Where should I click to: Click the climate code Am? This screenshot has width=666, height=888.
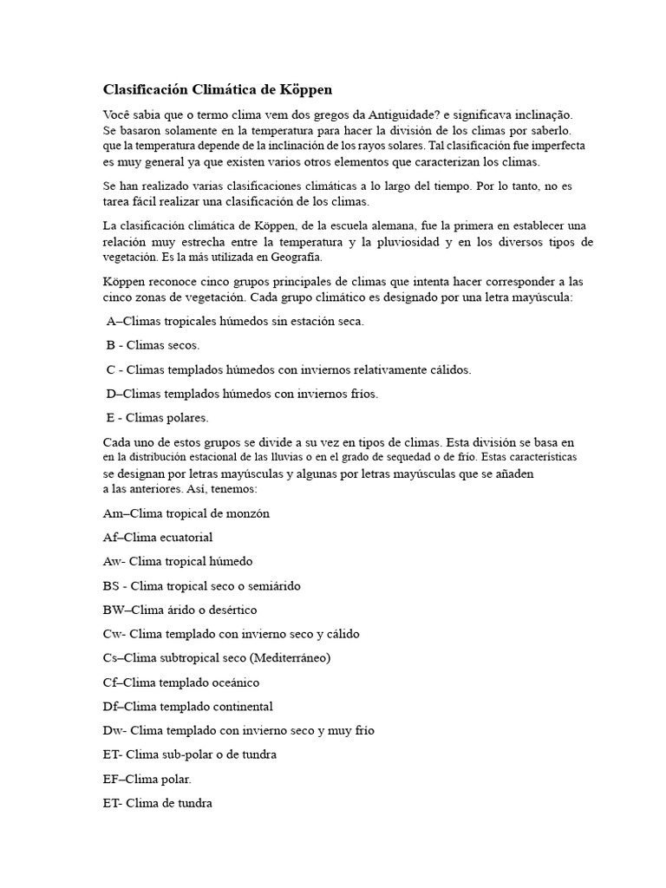pyautogui.click(x=113, y=513)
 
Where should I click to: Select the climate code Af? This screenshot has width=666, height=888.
pyautogui.click(x=110, y=538)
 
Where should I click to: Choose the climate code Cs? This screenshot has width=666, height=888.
pyautogui.click(x=110, y=658)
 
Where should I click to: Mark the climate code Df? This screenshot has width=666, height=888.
pyautogui.click(x=110, y=707)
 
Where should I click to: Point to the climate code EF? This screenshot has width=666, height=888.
pyautogui.click(x=111, y=780)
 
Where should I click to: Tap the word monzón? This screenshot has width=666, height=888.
pyautogui.click(x=248, y=513)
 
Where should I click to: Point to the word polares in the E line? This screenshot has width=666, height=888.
pyautogui.click(x=188, y=418)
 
